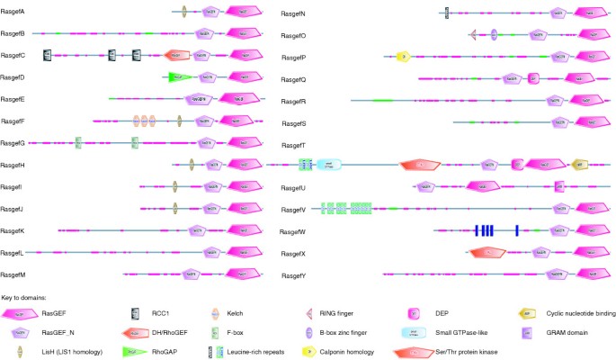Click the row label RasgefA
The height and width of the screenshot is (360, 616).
[x=13, y=12]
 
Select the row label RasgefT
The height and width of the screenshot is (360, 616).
[x=294, y=144]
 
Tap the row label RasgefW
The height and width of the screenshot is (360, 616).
[x=295, y=231]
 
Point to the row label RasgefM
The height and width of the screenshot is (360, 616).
[x=13, y=274]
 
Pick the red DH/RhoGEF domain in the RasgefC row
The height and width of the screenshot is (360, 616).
[x=177, y=56]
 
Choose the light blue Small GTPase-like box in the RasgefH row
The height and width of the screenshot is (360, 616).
[x=328, y=165]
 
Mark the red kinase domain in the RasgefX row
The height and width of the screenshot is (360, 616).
[x=487, y=253]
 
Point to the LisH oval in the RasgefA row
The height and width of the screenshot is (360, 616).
[x=183, y=12]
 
